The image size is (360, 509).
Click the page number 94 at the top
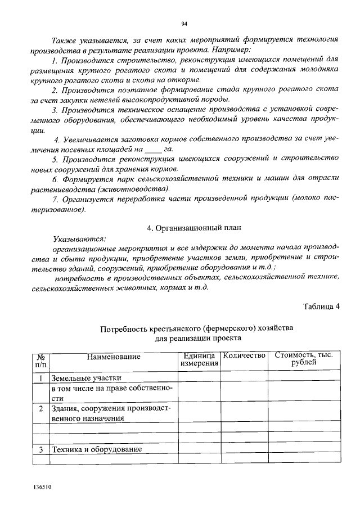point(184,23)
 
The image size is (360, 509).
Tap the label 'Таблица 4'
point(321,307)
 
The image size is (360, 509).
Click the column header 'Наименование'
point(113,356)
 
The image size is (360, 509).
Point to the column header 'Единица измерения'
point(199,360)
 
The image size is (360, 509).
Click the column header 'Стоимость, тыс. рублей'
point(304,359)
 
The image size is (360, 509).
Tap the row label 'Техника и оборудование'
point(96,449)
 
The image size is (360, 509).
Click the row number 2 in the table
point(41,408)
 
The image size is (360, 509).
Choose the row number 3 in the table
point(41,449)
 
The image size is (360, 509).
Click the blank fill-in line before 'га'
point(152,150)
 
